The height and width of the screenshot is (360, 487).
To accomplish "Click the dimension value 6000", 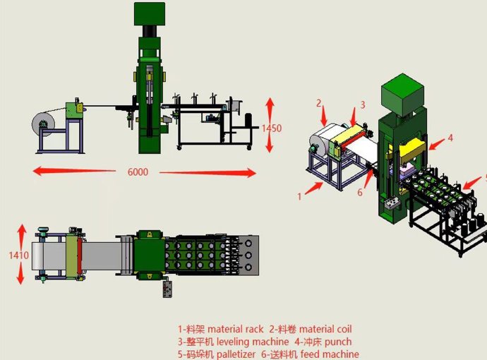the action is [138, 172].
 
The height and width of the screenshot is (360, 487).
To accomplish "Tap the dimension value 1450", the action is [272, 128].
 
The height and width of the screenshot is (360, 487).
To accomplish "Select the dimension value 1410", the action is [18, 256].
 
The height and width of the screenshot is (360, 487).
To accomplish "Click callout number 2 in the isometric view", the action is [318, 103].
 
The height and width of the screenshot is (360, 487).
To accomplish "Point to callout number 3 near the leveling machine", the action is [363, 105].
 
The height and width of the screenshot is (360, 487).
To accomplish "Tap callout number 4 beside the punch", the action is [450, 138].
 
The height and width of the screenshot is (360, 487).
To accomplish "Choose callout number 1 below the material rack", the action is [299, 197].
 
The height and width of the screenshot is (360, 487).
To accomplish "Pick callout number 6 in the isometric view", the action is [360, 193].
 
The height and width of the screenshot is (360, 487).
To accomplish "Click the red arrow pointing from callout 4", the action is [437, 144].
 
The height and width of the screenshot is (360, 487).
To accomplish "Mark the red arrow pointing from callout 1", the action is [313, 188].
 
